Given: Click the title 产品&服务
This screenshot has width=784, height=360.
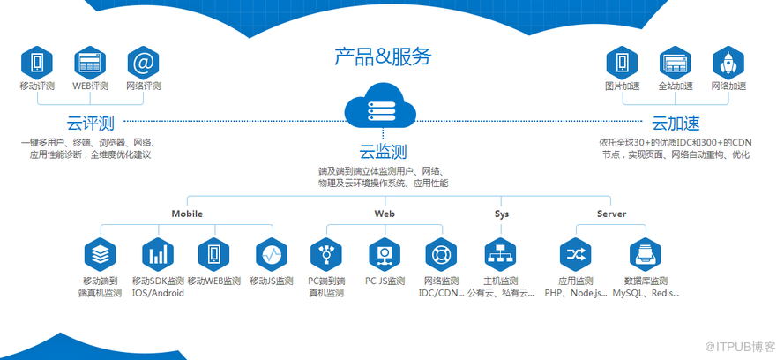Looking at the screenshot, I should pyautogui.click(x=383, y=57).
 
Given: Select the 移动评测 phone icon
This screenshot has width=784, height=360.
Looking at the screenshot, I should pyautogui.click(x=37, y=63).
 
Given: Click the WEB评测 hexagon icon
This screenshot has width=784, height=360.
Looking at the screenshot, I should pyautogui.click(x=90, y=63).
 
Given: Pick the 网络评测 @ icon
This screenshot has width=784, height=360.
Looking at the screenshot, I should pyautogui.click(x=143, y=63).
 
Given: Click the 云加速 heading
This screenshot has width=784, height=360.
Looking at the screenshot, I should pyautogui.click(x=676, y=122).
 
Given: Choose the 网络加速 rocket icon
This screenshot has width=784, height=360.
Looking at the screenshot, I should pyautogui.click(x=728, y=63).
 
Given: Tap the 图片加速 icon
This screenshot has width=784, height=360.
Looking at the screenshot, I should pyautogui.click(x=622, y=63).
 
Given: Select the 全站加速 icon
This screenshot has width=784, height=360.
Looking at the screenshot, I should pyautogui.click(x=676, y=63).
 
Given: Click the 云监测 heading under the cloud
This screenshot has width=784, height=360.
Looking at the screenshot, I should pyautogui.click(x=383, y=151).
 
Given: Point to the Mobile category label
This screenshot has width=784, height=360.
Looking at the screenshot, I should pyautogui.click(x=187, y=214).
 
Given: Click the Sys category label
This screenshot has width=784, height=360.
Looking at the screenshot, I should pyautogui.click(x=502, y=214).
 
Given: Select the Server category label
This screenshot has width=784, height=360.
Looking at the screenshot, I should pyautogui.click(x=611, y=214).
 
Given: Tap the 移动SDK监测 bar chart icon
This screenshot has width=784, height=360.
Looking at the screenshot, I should pyautogui.click(x=158, y=255).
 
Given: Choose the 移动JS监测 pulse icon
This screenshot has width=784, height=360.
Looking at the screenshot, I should pyautogui.click(x=272, y=255).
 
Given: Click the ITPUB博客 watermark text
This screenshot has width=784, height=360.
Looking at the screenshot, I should pyautogui.click(x=745, y=344).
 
